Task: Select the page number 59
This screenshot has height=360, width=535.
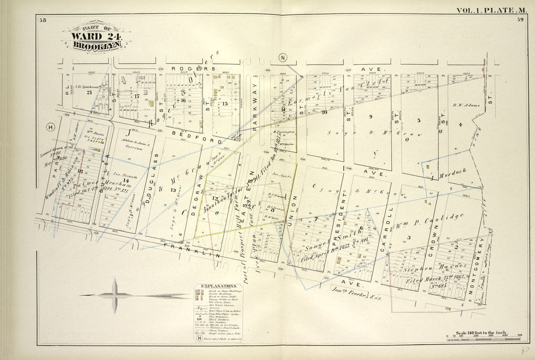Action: (520, 20)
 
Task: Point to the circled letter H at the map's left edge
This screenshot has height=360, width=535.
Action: (51, 127)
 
